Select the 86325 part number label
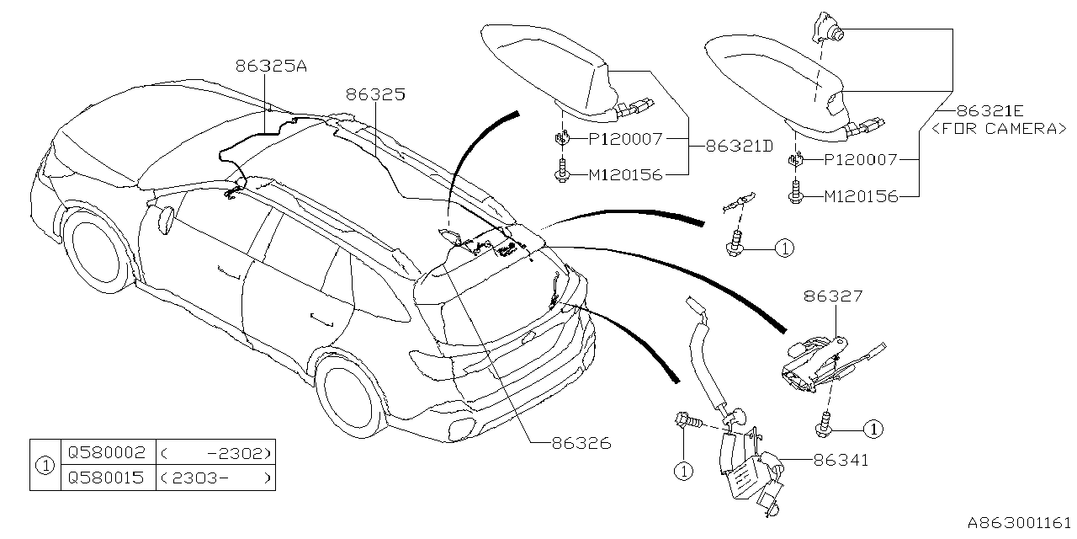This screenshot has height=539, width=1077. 374,95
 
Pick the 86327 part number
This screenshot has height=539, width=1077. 833,296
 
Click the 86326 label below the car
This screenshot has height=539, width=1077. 581,442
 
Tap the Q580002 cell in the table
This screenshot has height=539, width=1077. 108,452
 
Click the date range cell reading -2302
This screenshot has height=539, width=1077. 215,452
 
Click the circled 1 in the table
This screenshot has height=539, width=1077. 45,465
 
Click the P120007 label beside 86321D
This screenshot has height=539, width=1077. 625,138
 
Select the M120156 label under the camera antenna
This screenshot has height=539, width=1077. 860,196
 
